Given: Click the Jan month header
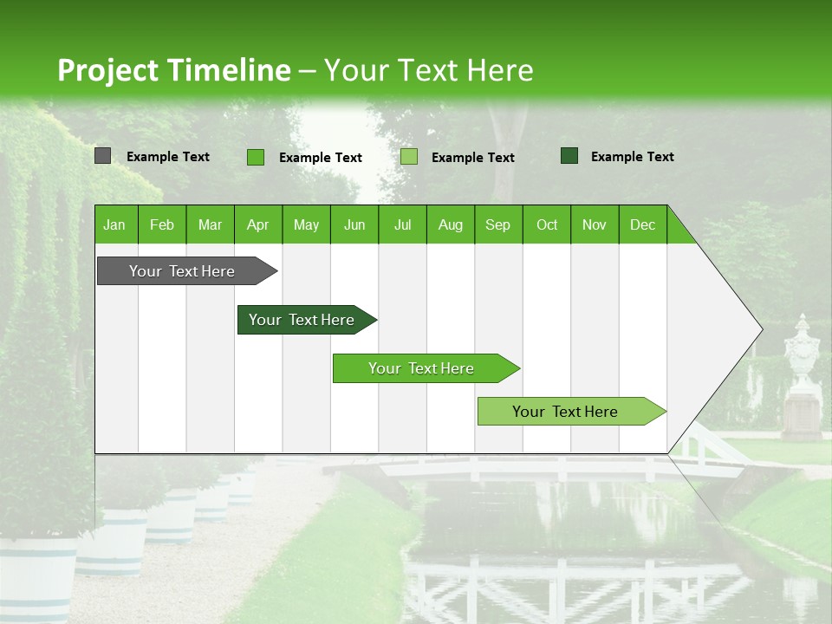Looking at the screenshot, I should coord(114,224).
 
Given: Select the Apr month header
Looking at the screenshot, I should coord(257,224).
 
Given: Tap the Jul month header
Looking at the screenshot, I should coord(402,224).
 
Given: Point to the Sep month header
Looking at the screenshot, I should coord(497,224).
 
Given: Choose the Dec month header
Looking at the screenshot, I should coord(642,224).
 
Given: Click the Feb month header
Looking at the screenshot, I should coord(162,224).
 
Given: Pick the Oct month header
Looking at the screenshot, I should coord(547,224).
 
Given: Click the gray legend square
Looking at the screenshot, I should coord(102,156).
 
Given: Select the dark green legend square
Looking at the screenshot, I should coord(569,156).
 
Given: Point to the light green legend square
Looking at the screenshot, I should coord(409,157).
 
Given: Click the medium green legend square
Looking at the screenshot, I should coord(256,157).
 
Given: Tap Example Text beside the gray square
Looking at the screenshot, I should coord(168,157).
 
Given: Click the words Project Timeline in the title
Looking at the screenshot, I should coord(173,70).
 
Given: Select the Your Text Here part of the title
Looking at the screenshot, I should coord(428,70).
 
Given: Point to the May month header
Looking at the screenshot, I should coord(306,224).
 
